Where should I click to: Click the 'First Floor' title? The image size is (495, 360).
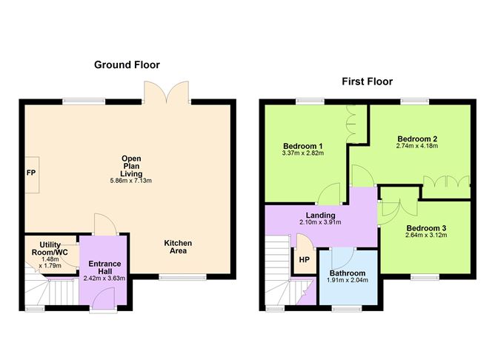point(367,81)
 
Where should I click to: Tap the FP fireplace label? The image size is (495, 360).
point(31,173)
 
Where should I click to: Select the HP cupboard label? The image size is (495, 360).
point(304,259)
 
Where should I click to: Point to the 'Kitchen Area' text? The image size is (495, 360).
point(178,247)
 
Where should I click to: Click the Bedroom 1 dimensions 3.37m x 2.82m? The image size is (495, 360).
point(303,153)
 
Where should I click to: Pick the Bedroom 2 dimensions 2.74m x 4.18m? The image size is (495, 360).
point(417,147)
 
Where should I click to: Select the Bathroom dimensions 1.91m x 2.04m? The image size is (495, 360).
point(348,280)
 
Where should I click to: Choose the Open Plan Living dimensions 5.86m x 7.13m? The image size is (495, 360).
point(132,181)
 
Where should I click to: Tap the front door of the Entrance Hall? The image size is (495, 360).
point(104,299)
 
